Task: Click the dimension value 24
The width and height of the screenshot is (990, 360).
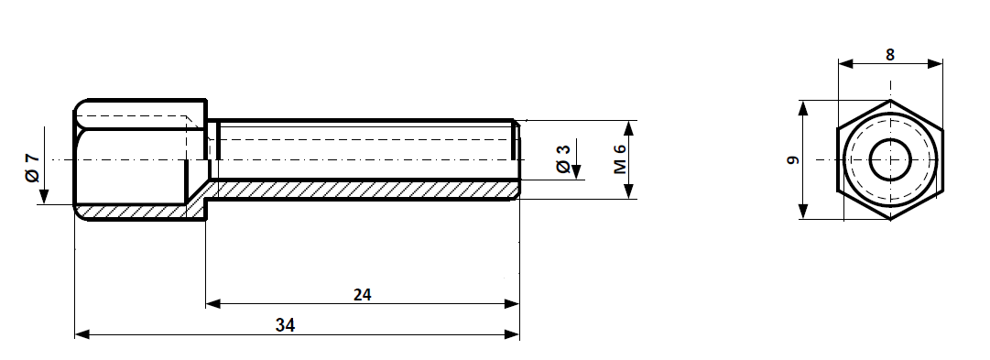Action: tap(363, 294)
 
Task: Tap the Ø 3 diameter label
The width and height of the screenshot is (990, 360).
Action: tap(563, 158)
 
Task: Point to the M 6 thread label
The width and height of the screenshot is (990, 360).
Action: tap(619, 158)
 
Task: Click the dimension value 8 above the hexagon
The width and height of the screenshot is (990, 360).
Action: tap(890, 54)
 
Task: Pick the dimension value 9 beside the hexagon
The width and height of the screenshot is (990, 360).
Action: tap(793, 159)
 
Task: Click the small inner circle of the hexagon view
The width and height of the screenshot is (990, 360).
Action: tap(889, 160)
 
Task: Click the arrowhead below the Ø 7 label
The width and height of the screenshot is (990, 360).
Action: tap(43, 196)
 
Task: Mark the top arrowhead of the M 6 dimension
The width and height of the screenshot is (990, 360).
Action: tap(629, 127)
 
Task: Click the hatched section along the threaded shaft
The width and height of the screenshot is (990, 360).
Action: tap(366, 190)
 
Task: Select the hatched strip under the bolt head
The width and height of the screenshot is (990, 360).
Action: tap(137, 212)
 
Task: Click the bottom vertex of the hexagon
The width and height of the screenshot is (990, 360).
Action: tap(889, 220)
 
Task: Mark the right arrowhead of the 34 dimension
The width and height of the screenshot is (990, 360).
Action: tap(512, 335)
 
